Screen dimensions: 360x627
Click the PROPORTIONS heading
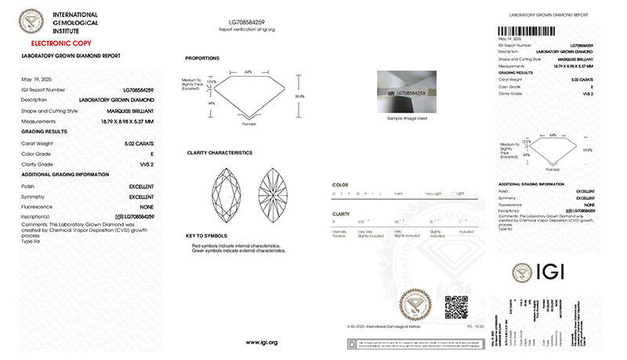[202, 59]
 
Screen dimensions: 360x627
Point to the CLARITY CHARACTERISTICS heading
[219, 153]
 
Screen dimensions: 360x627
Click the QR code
[456, 307]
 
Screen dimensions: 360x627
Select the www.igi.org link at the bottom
[261, 343]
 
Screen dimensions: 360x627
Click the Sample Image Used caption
[407, 118]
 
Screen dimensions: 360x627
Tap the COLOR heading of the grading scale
[340, 184]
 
